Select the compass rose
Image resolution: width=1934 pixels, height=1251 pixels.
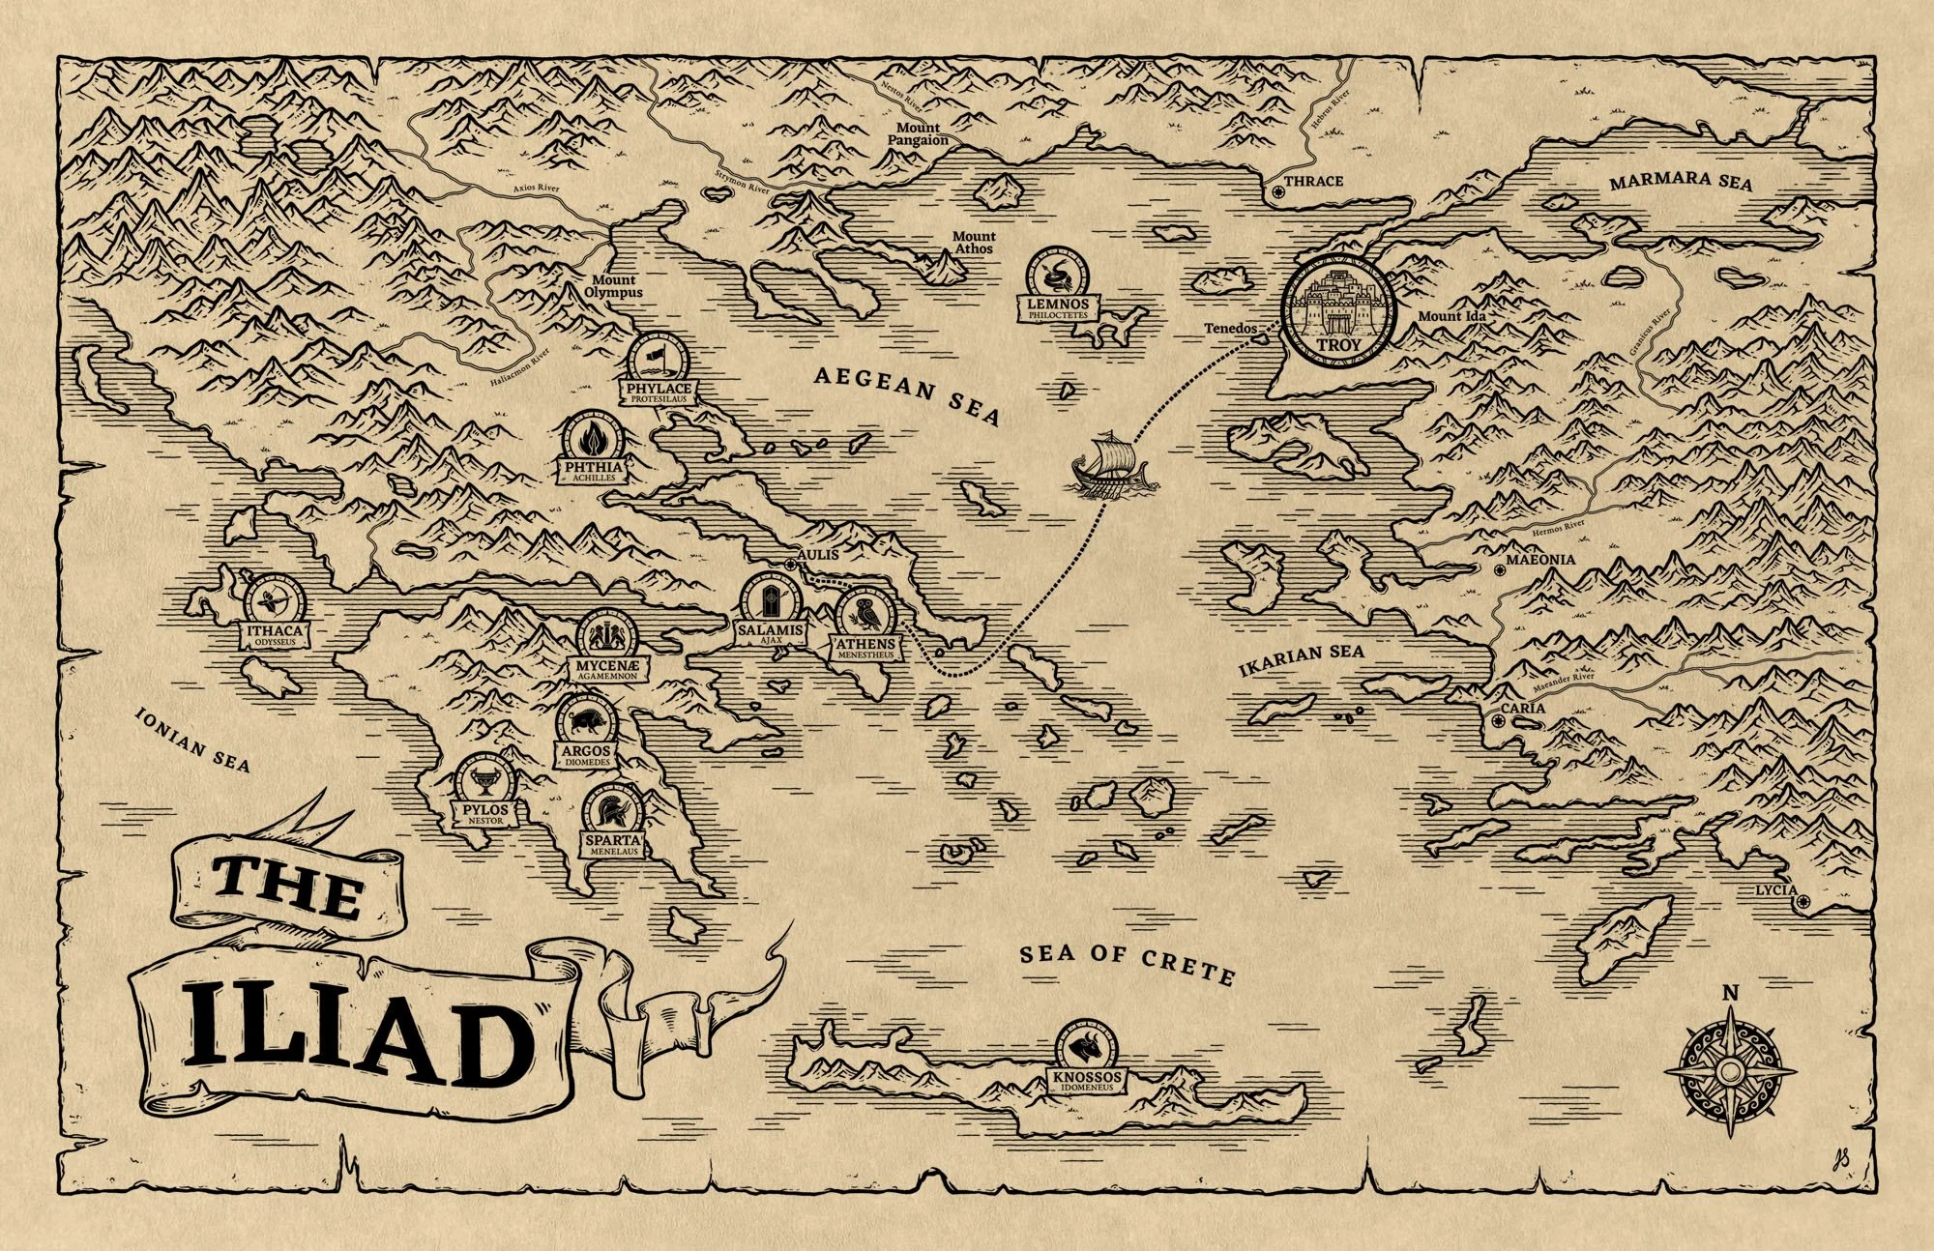[x=1731, y=1071]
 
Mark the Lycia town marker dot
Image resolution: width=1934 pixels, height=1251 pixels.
[x=1802, y=902]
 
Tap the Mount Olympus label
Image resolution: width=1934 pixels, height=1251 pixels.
[x=613, y=286]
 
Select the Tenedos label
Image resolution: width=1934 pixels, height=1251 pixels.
[x=1230, y=329]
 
